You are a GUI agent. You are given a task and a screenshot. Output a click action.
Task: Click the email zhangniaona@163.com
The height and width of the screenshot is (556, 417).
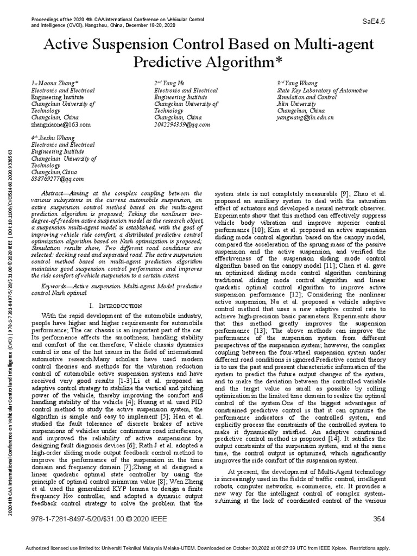pyautogui.click(x=60, y=124)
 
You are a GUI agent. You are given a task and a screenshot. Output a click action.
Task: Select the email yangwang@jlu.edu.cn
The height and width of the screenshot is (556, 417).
pyautogui.click(x=305, y=117)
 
